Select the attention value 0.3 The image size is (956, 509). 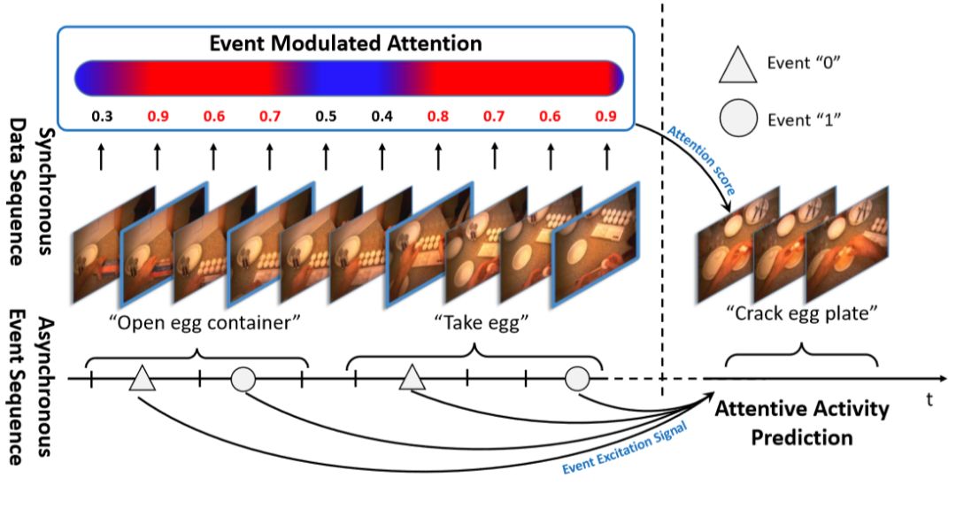coord(100,116)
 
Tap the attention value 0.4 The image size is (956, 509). coord(382,116)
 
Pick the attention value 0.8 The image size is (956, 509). coord(438,116)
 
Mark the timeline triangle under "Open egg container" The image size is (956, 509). coord(142,378)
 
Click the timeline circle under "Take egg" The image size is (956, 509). coord(577,380)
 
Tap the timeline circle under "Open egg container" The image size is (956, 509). coord(243,380)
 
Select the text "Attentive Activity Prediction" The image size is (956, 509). coord(801,423)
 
